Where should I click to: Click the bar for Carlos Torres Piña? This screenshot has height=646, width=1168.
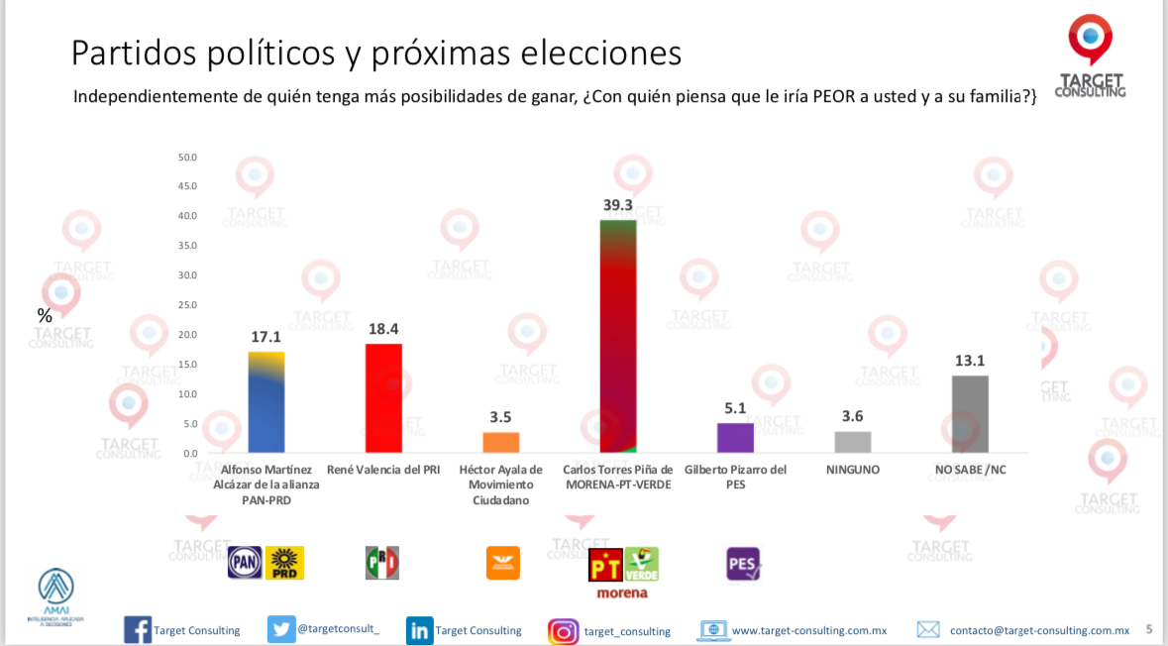pos(618,336)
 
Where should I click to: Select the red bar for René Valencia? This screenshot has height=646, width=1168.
pos(383,398)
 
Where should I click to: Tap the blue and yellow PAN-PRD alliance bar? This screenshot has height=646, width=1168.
pos(265,402)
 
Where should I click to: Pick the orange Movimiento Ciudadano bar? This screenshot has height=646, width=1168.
pos(500,443)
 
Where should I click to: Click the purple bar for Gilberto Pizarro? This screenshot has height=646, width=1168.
pos(735,438)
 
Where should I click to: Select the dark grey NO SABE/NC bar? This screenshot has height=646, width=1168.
pos(970,414)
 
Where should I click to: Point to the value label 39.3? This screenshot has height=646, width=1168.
pos(618,204)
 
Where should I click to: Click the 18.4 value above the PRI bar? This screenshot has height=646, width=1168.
pos(383,328)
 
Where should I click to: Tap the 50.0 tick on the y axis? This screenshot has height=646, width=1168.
pos(186,158)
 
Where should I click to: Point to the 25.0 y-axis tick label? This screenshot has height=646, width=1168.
pos(186,305)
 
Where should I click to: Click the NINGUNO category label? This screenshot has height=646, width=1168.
pos(852,470)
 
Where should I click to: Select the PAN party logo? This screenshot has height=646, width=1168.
pos(246,563)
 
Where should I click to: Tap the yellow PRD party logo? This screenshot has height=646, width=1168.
pos(285,563)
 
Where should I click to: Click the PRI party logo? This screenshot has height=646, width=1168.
pos(382,563)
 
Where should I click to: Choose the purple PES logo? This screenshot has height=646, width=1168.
pos(743,564)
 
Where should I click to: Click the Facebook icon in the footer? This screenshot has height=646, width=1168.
pos(137,630)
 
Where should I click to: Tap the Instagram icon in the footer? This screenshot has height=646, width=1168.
pos(563,631)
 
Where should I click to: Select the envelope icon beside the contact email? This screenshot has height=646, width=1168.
pos(928,630)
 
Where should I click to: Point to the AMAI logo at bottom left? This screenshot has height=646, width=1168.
pos(55,592)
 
